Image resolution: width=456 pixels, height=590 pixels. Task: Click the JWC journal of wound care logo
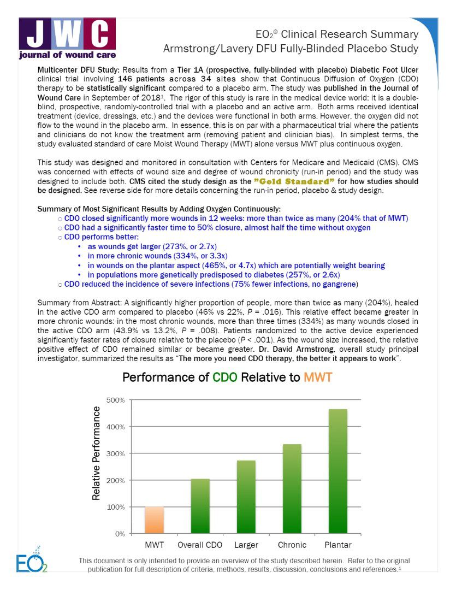[67, 39]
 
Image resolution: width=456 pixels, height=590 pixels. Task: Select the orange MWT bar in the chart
[154, 520]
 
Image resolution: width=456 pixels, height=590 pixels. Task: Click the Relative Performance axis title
[97, 453]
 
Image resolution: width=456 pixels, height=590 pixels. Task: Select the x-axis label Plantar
[337, 545]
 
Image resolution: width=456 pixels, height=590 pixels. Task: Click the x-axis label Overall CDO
[200, 545]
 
